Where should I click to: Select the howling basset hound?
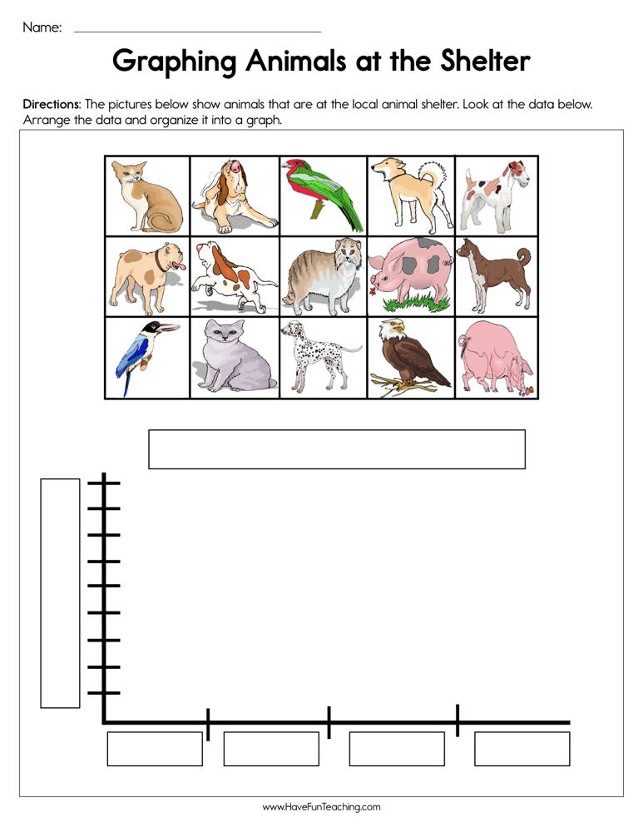234,196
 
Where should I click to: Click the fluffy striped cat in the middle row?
320,275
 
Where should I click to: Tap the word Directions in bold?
51,106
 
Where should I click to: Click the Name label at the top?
42,27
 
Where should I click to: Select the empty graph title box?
336,449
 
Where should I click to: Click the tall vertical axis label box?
61,592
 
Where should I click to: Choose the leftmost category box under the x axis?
155,749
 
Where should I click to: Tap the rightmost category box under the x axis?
522,749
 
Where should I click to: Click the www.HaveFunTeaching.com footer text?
321,807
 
